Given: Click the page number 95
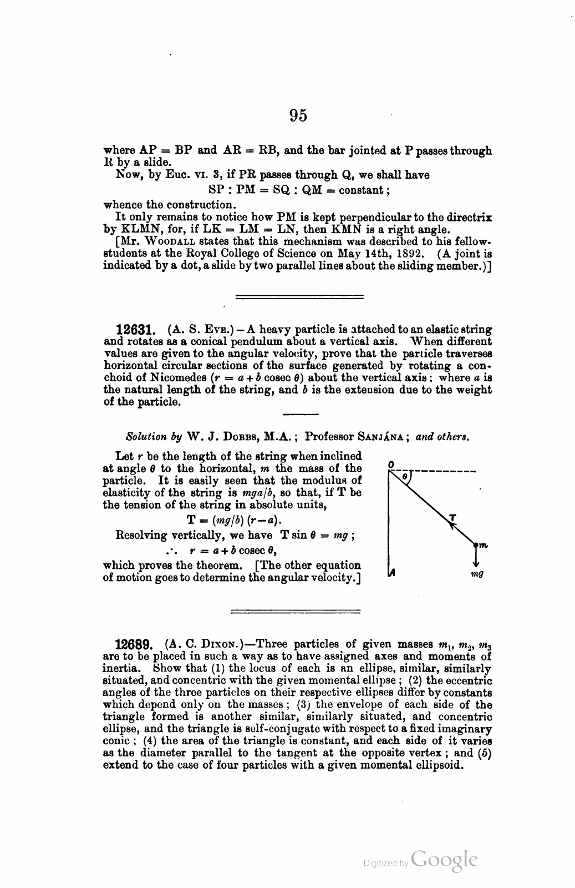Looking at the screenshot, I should [x=298, y=115].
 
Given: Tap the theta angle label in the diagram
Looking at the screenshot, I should [x=405, y=476].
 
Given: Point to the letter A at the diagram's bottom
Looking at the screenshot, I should [x=391, y=573].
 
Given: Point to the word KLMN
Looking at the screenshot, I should [x=137, y=230].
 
